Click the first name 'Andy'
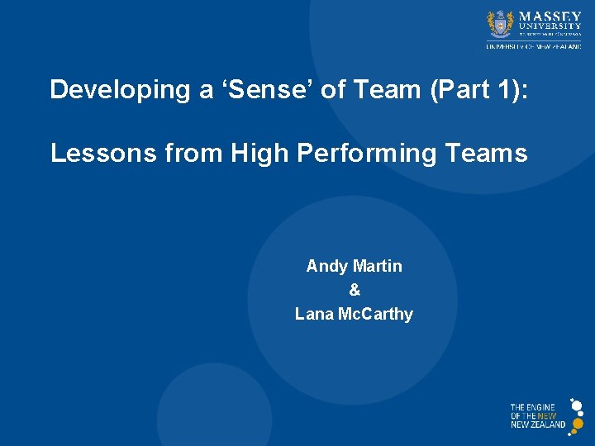point(326,266)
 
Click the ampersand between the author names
point(355,290)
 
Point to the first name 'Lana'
point(315,314)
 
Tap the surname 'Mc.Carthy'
point(376,314)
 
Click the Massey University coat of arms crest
point(501,24)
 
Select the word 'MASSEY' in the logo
point(550,16)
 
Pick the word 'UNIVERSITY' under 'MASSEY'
point(550,26)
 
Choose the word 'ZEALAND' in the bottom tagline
point(550,425)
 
